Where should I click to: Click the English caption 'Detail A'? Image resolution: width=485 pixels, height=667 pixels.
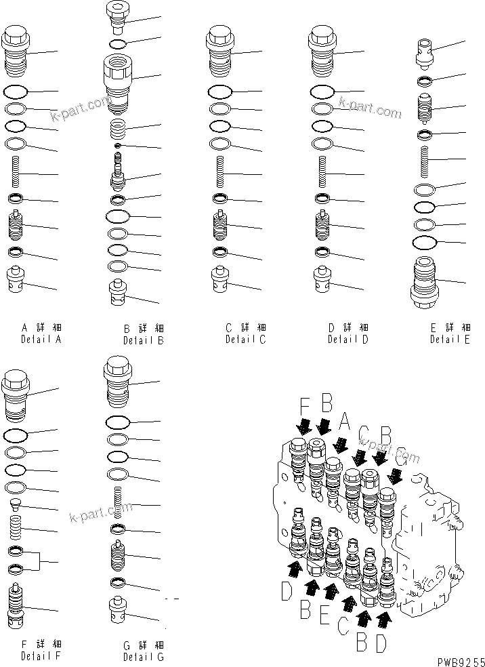41,339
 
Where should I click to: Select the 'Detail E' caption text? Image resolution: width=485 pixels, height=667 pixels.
449,340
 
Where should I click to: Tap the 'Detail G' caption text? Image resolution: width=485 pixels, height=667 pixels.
143,656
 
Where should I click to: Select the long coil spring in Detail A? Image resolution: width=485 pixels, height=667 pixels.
16,174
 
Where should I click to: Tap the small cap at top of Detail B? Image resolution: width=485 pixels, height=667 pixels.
117,18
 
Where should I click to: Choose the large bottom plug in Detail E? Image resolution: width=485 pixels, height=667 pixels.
425,283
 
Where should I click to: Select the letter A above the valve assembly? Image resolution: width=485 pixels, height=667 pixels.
343,424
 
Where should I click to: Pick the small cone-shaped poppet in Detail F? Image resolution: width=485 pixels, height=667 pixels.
16,504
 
